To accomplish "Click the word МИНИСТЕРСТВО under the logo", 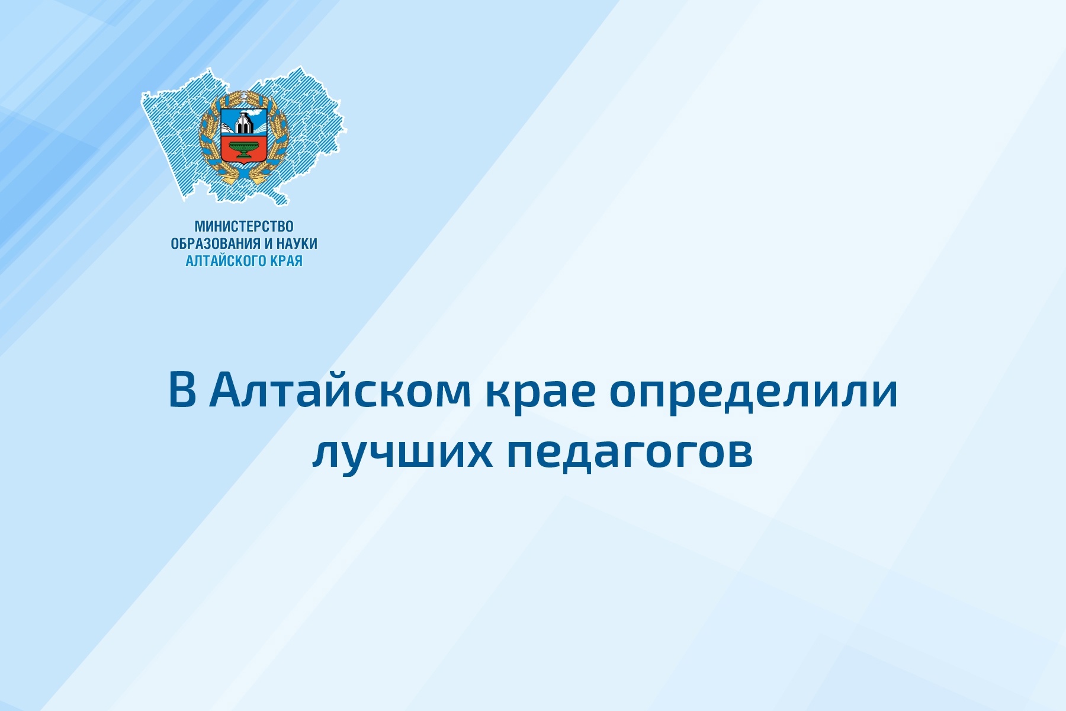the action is click(244, 226).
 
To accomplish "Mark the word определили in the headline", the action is click(754, 394).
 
